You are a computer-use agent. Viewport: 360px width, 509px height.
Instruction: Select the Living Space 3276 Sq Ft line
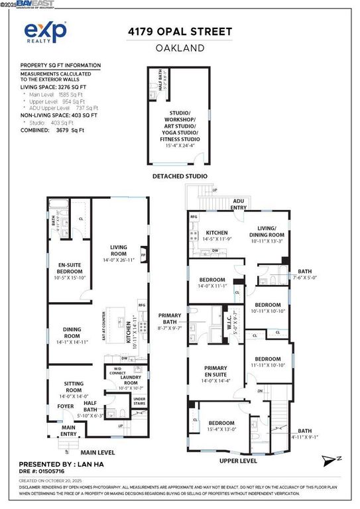click(x=53, y=87)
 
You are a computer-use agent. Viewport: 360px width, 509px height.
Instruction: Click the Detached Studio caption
click(x=180, y=176)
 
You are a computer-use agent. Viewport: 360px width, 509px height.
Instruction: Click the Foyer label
click(x=65, y=406)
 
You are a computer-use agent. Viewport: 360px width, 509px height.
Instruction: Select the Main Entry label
click(x=69, y=429)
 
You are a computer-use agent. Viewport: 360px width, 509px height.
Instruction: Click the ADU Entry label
click(x=238, y=205)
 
